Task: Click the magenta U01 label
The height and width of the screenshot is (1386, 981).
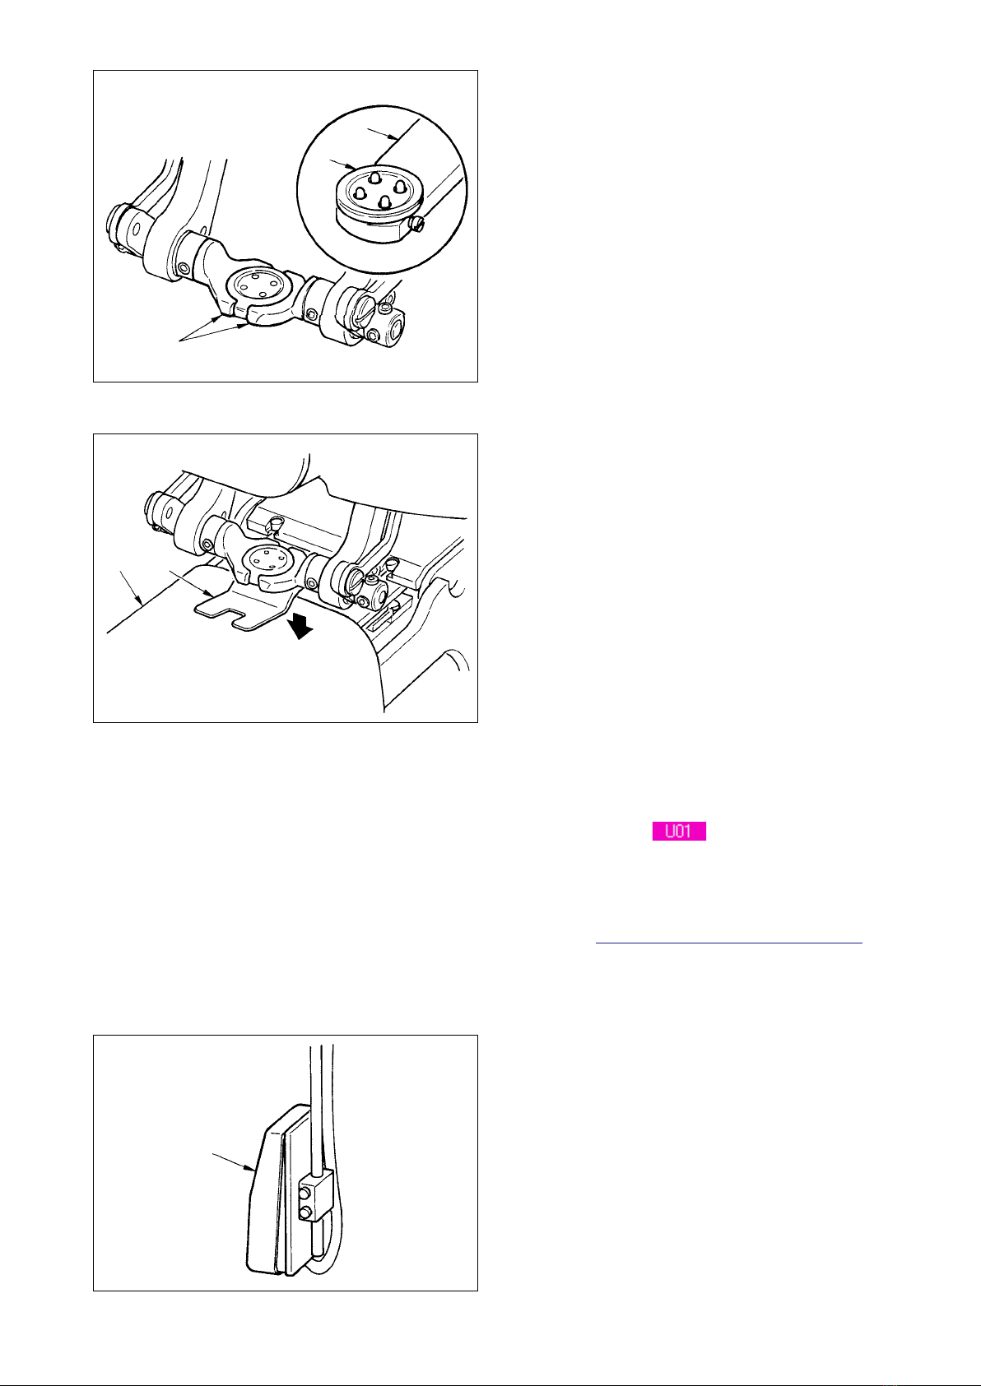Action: [679, 831]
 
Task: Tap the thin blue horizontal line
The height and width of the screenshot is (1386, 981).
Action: [728, 943]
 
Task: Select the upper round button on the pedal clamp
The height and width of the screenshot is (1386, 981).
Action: [306, 1191]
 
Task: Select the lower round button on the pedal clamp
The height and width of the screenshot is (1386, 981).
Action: [306, 1210]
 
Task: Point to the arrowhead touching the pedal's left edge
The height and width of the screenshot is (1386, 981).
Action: [251, 1168]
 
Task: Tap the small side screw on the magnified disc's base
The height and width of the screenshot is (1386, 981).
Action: [418, 223]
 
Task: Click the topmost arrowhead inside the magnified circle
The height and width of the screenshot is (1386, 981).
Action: [397, 137]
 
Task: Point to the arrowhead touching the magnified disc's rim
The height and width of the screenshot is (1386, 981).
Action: [351, 166]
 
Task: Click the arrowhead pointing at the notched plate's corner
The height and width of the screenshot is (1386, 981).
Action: [211, 595]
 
